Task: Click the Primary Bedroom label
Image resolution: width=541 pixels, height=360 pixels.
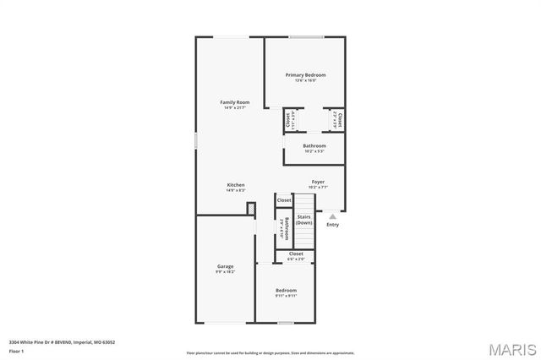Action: [304, 75]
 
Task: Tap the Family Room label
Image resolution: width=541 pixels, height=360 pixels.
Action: [235, 102]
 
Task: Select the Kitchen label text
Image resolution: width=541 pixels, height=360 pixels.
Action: [235, 185]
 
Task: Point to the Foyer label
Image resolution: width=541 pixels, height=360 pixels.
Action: [318, 182]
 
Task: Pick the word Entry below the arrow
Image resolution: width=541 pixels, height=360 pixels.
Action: [332, 224]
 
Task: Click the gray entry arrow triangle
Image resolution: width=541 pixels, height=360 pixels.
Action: [332, 216]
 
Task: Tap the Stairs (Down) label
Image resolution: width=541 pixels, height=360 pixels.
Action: [303, 219]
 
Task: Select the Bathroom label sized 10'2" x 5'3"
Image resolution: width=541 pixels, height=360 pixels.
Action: [314, 145]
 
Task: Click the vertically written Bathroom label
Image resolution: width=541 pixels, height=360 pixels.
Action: [287, 228]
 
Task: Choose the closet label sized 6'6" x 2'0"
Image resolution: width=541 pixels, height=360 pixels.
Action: [296, 254]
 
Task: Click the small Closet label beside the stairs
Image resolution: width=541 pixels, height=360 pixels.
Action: [283, 200]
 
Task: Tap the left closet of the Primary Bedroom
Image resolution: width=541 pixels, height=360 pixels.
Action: [287, 118]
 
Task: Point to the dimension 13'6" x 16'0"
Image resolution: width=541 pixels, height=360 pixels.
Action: [304, 81]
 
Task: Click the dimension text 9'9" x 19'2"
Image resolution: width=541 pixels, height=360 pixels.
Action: [225, 272]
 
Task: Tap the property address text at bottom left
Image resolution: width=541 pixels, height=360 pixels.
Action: [62, 342]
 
